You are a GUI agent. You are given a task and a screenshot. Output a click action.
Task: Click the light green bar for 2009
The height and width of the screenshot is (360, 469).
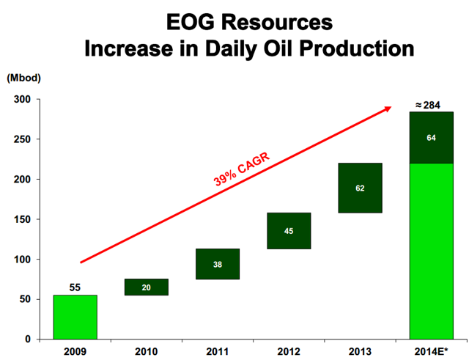(x=75, y=317)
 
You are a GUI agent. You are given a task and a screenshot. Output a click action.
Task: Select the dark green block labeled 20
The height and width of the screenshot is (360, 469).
(x=147, y=287)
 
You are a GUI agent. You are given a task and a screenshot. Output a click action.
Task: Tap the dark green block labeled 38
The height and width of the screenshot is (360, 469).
(x=218, y=264)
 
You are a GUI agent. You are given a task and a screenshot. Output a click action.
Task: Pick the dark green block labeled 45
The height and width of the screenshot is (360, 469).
(x=289, y=231)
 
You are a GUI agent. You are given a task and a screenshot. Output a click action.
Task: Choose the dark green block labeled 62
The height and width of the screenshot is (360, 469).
(x=360, y=188)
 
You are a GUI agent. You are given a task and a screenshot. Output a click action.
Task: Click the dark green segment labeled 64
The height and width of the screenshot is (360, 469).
(x=432, y=138)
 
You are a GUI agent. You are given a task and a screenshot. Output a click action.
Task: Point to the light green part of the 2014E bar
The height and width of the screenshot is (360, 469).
(x=432, y=251)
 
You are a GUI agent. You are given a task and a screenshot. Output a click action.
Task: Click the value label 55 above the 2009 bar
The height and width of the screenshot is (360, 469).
(x=75, y=287)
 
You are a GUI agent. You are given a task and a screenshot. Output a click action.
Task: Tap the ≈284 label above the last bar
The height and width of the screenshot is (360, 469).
(x=428, y=106)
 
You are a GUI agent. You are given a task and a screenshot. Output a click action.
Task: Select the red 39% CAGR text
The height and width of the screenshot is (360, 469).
(x=242, y=169)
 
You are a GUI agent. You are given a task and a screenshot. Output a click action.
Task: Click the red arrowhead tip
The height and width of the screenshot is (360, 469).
(x=391, y=106)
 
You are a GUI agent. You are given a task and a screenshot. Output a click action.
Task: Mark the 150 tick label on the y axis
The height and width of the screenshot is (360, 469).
(x=22, y=219)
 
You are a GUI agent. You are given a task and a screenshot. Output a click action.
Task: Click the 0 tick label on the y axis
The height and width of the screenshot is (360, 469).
(x=28, y=339)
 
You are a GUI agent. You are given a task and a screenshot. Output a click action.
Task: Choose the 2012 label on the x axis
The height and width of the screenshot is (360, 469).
(x=289, y=352)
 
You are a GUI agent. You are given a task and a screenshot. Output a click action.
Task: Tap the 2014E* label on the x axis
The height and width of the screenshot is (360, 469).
(x=432, y=352)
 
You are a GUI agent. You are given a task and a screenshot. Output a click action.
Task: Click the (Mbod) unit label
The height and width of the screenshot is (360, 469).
(x=23, y=78)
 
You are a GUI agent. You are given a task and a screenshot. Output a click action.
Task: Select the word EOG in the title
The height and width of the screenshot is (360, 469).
(x=191, y=22)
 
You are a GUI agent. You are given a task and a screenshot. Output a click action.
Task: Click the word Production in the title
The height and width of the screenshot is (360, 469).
(x=357, y=48)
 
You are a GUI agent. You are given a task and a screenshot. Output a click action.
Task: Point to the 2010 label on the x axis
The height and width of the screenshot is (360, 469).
(x=147, y=352)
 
